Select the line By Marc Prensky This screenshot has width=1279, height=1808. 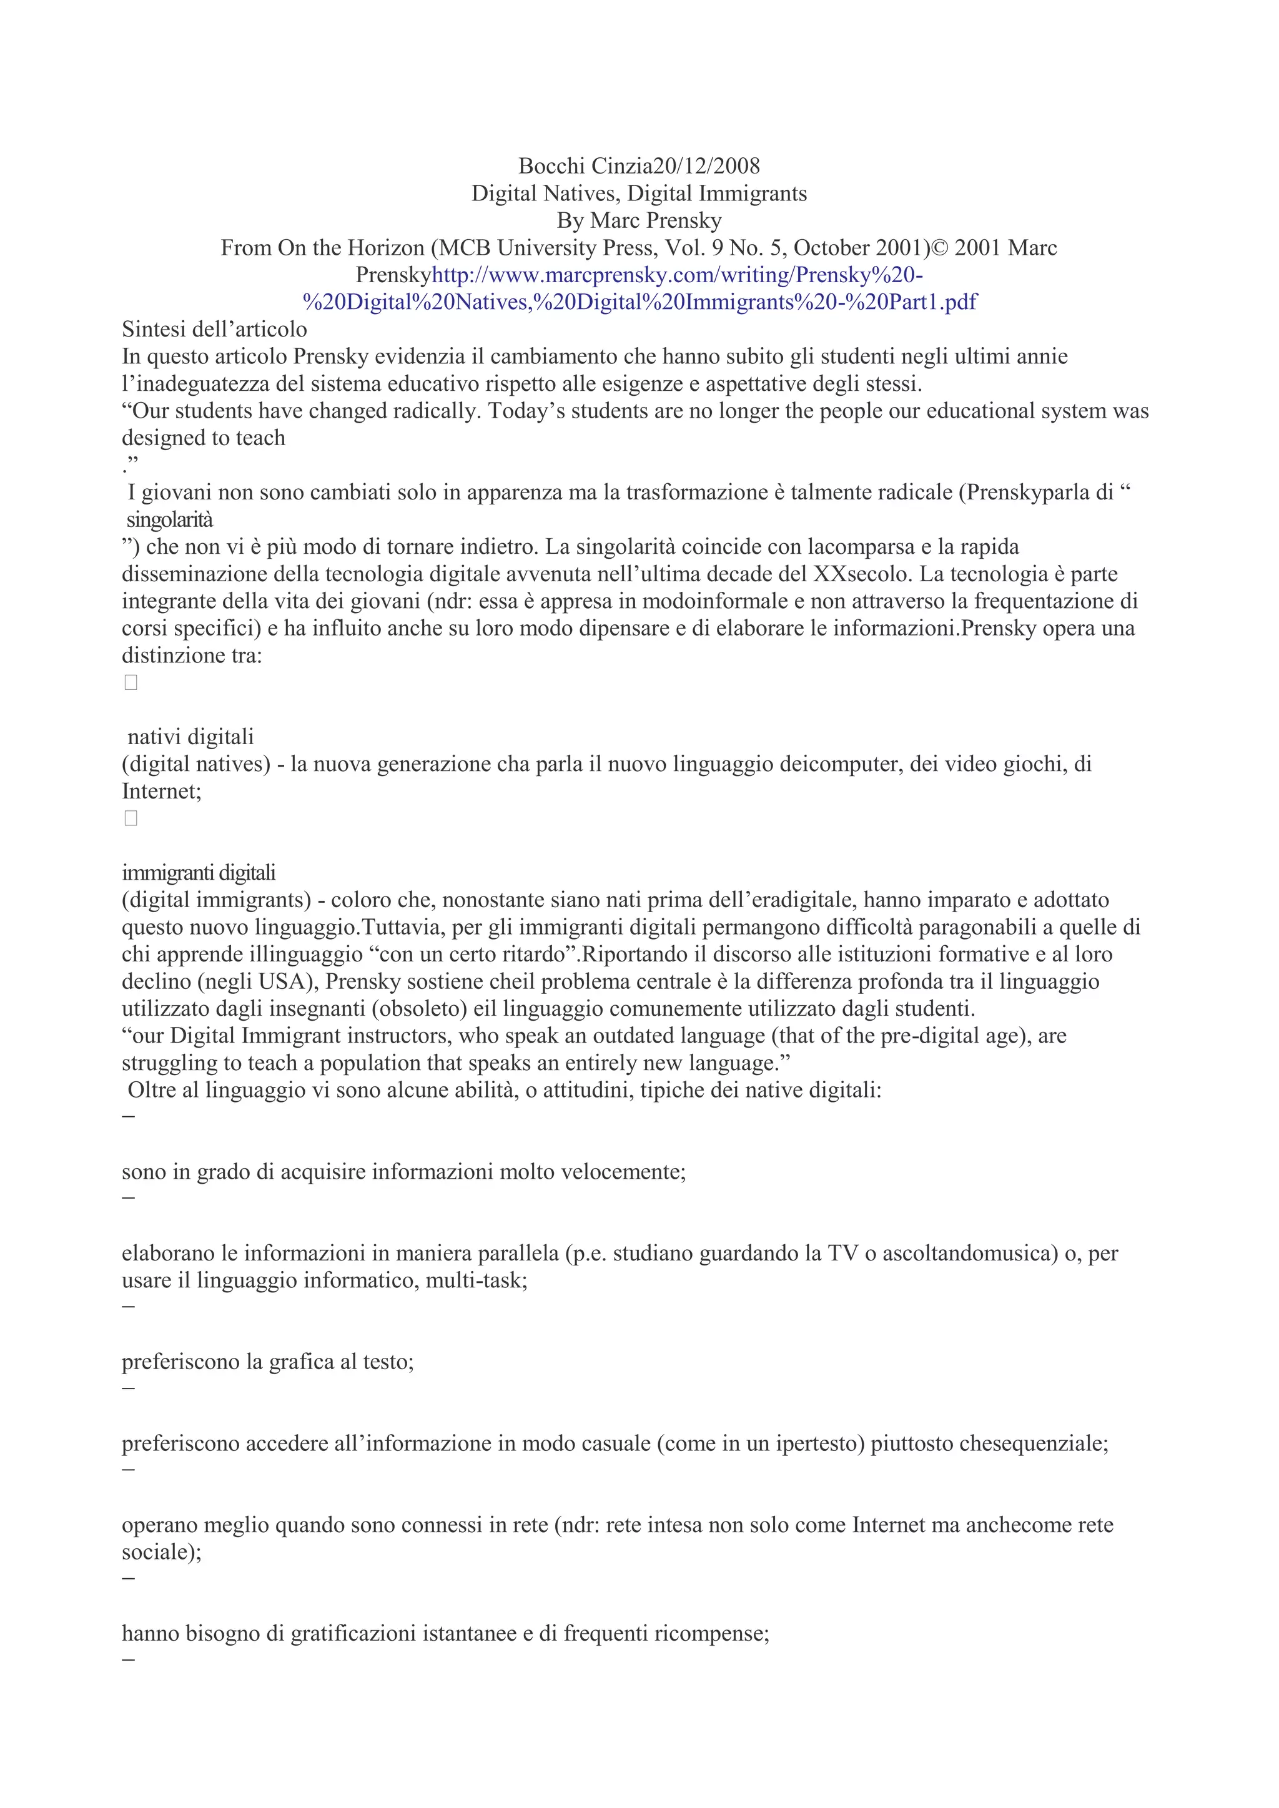point(639,220)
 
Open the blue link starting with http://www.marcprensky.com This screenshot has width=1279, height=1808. point(678,275)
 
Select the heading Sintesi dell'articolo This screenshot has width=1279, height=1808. point(214,329)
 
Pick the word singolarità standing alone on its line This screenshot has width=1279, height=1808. point(169,519)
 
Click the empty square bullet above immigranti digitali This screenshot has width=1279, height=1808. point(131,819)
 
